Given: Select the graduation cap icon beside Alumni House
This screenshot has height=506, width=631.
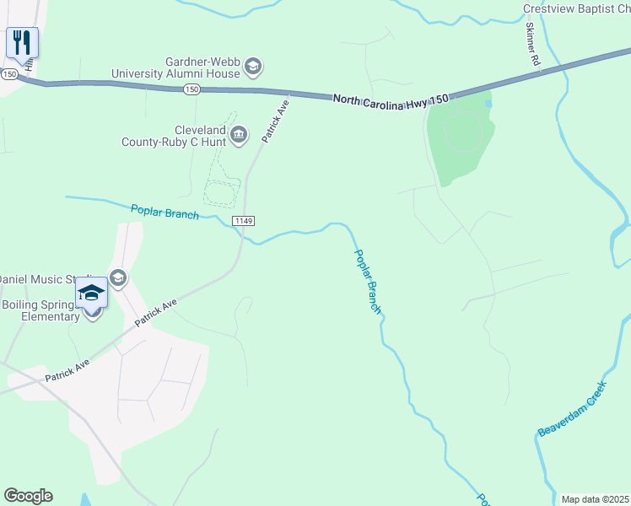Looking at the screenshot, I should tap(254, 67).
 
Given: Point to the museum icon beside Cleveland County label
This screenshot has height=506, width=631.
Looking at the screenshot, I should tap(239, 134).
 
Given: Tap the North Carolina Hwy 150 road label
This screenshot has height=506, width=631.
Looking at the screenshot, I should tap(390, 99).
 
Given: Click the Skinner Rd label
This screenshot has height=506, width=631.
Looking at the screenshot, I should tap(531, 44).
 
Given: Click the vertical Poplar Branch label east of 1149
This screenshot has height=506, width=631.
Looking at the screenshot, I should tap(368, 282).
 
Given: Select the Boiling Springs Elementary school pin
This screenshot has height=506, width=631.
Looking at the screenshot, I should tap(92, 294).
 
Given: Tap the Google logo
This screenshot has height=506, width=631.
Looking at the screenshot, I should tap(28, 496).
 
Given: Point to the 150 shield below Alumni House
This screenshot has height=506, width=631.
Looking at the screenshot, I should tap(192, 89).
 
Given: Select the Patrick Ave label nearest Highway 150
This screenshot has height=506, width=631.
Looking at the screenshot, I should tap(275, 122).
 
